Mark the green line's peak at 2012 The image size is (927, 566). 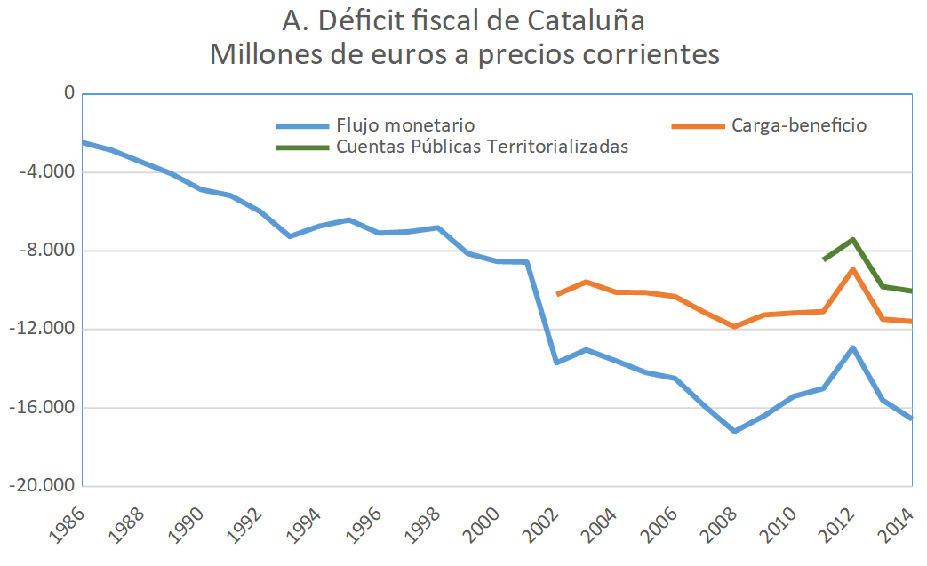853,239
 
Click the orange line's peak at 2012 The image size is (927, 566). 853,269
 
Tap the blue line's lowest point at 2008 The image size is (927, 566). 735,431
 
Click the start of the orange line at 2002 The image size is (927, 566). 557,294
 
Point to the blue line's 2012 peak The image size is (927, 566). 853,347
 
